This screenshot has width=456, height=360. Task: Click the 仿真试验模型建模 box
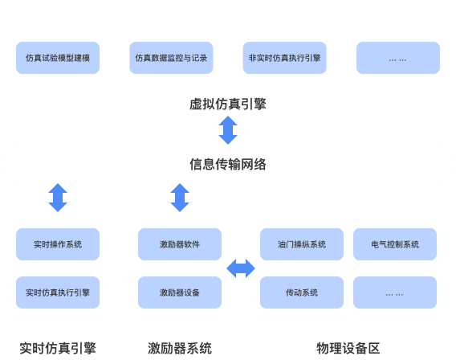(x=58, y=58)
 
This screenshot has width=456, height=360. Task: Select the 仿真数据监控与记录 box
(x=171, y=58)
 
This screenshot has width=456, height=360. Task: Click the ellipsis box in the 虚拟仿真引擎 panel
(x=398, y=58)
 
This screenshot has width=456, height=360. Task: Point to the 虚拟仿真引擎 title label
(x=228, y=104)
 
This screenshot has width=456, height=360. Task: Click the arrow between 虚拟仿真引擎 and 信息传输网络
(x=228, y=129)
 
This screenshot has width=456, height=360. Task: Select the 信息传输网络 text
(x=228, y=165)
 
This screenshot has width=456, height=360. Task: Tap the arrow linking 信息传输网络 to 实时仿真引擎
(x=58, y=197)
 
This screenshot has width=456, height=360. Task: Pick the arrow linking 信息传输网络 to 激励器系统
(x=180, y=197)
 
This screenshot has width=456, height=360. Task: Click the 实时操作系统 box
(x=58, y=244)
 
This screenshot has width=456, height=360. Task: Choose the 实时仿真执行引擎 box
(x=58, y=292)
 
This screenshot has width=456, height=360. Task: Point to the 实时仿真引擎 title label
(x=58, y=348)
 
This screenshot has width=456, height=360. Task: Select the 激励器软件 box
(x=180, y=244)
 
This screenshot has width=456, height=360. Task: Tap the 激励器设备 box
(x=180, y=292)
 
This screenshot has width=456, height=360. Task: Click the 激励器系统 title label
(x=180, y=348)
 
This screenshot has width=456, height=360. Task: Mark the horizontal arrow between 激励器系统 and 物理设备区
(x=241, y=268)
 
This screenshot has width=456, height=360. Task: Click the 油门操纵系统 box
(x=302, y=244)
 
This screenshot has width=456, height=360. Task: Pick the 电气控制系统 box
(x=395, y=244)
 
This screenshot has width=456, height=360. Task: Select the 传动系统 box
(x=302, y=292)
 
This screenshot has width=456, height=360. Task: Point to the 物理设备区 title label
(x=348, y=348)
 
